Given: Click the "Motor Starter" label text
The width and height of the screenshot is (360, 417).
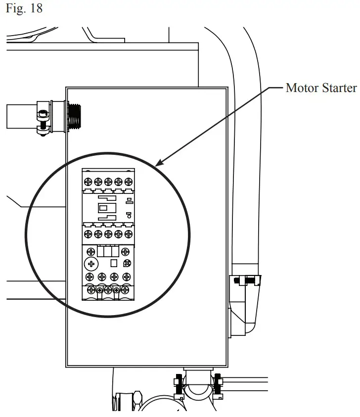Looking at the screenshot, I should (321, 88).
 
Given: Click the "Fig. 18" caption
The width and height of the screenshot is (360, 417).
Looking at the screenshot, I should (24, 9).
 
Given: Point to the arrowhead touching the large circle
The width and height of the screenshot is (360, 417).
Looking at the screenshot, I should (158, 164).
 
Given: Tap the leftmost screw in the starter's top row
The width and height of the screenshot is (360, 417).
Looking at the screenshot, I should (88, 182).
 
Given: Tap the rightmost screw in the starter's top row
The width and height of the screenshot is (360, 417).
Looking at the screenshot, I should (129, 182).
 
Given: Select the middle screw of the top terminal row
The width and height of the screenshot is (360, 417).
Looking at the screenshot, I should (108, 182).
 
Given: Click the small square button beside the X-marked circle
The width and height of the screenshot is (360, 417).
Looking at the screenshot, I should (113, 264).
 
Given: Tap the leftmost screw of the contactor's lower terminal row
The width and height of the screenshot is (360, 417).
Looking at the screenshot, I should (88, 233).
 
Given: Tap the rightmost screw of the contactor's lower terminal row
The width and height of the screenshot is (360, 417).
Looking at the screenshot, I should (129, 233).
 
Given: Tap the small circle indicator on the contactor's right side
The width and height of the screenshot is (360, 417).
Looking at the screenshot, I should (128, 215).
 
